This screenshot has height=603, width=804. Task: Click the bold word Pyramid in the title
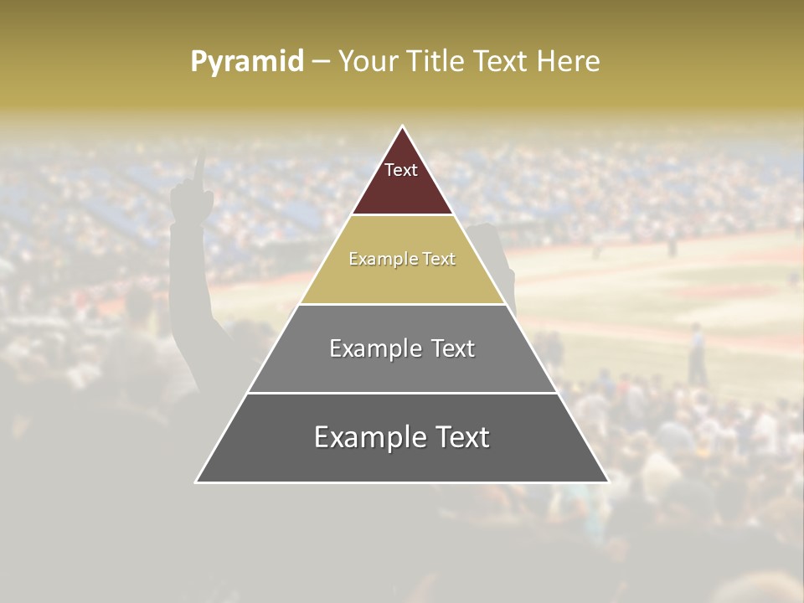click(246, 62)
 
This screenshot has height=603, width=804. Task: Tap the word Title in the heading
click(434, 62)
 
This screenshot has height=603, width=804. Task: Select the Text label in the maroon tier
click(401, 170)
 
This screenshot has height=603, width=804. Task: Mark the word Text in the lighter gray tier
click(452, 348)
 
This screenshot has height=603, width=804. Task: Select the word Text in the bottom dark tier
click(463, 437)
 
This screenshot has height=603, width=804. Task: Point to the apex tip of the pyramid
click(403, 127)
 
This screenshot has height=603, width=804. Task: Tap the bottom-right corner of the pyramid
click(607, 482)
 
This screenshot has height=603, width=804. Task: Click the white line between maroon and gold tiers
click(402, 215)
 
